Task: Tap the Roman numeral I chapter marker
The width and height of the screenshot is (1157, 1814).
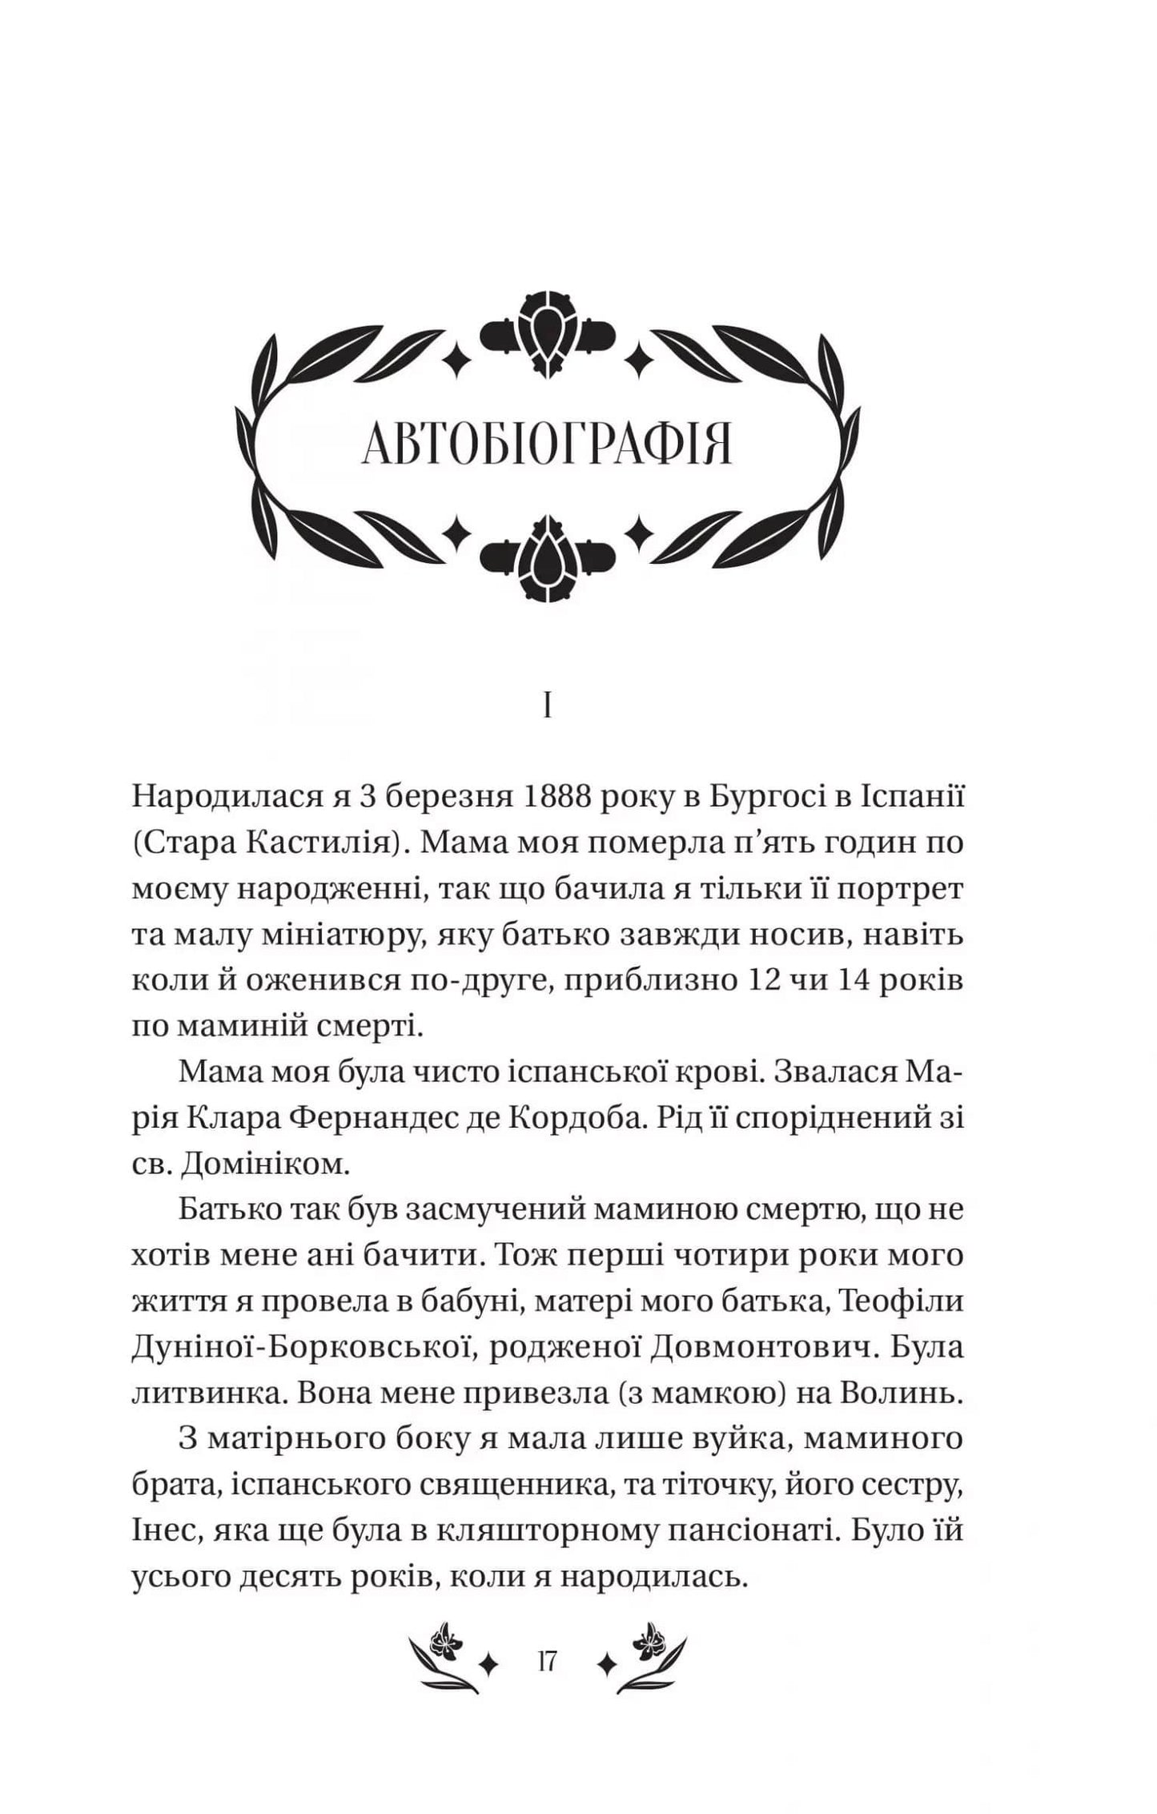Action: [547, 707]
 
